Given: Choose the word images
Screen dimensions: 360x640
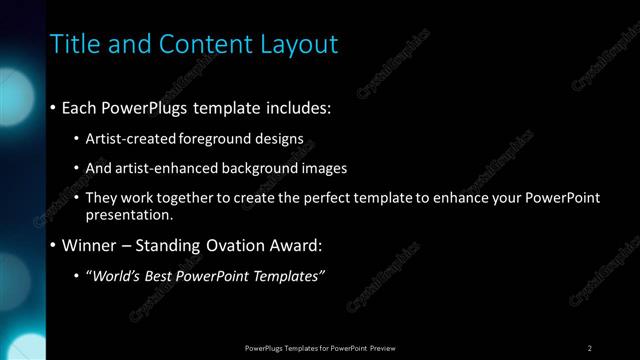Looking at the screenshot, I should click(326, 168).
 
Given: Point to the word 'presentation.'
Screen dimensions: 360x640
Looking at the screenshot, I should click(130, 214).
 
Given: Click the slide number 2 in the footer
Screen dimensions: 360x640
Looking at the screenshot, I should click(590, 348).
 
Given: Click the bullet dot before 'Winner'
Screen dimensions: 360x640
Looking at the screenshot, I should click(53, 246).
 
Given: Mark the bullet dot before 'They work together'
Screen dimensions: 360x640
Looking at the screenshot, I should click(78, 198).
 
